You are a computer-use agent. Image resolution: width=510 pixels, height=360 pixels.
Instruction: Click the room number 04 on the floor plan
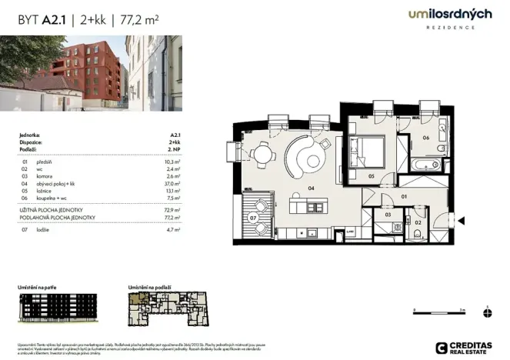311,187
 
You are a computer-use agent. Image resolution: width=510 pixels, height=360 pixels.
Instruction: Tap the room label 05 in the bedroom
371,177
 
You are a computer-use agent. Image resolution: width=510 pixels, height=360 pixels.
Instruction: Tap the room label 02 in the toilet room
418,222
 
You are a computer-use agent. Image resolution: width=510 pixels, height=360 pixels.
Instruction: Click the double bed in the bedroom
368,147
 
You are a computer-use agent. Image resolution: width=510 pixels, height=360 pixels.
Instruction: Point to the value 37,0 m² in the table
172,185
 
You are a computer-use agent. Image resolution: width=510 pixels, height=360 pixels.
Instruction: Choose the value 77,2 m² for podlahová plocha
172,218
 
